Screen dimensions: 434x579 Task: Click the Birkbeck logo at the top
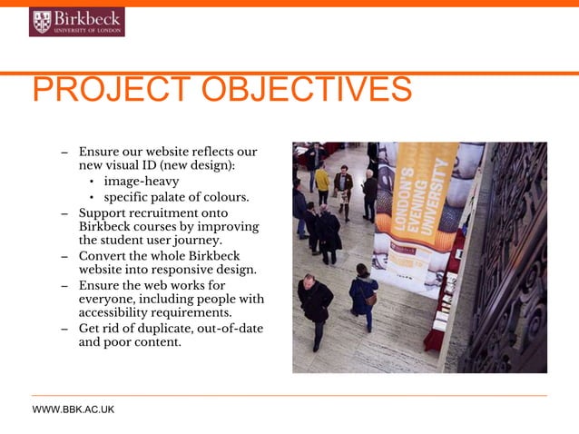(x=76, y=22)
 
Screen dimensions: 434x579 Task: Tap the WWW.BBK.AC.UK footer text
(x=74, y=410)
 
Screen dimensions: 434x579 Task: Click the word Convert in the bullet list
(x=103, y=255)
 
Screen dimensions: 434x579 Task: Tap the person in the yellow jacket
(x=322, y=181)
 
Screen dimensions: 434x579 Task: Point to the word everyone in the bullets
(x=112, y=299)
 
